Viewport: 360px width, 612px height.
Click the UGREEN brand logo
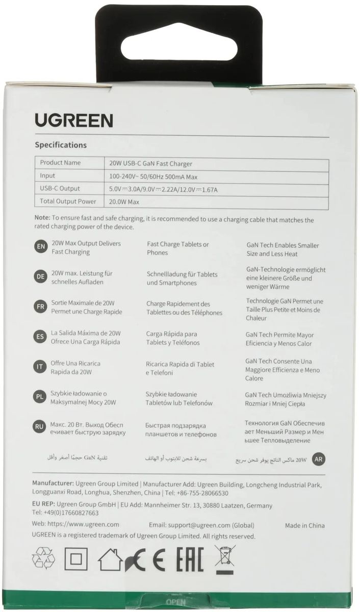point(74,120)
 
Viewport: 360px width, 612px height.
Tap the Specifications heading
point(61,145)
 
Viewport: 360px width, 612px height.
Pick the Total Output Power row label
point(68,201)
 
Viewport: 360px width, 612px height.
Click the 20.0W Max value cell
point(124,202)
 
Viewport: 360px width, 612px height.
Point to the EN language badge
point(40,246)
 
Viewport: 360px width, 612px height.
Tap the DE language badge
point(40,276)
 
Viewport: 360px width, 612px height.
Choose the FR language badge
point(40,307)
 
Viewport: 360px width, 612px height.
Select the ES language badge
point(40,336)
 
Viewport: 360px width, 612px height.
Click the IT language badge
point(40,367)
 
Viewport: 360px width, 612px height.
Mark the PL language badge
point(40,397)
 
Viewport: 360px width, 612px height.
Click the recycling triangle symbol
point(43,558)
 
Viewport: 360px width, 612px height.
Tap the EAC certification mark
point(190,559)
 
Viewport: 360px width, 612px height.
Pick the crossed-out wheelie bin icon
point(224,558)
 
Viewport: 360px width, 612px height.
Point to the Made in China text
point(304,525)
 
